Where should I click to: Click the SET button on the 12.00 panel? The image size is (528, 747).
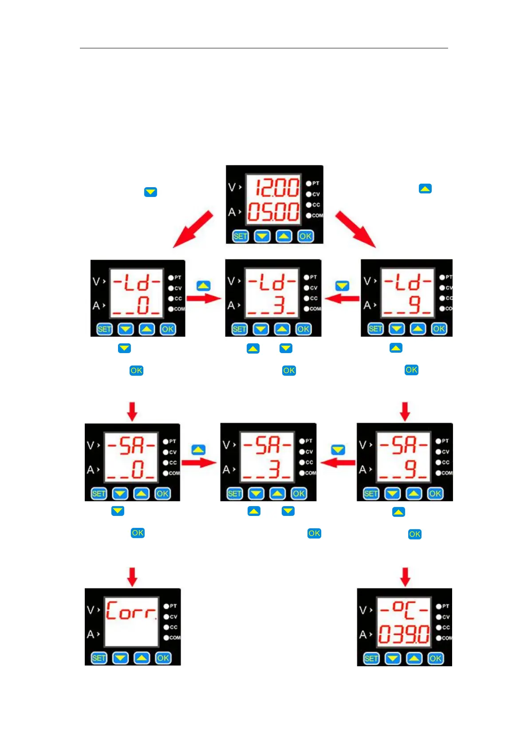point(240,236)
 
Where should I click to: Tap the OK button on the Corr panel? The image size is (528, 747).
point(163,658)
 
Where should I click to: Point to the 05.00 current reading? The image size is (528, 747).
point(273,212)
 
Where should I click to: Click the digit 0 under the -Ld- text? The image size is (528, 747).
point(143,306)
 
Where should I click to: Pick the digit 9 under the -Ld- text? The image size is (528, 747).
point(414,305)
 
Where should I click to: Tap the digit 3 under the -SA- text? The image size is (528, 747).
point(274,469)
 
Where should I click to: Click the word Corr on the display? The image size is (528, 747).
point(131,611)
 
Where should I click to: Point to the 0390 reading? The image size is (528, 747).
point(404,635)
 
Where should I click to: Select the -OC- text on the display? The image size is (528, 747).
point(404,610)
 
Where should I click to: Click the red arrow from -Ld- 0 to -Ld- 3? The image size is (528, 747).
point(204,298)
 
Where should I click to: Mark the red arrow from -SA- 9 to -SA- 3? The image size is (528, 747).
point(338,463)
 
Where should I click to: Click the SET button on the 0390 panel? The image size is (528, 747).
point(371,659)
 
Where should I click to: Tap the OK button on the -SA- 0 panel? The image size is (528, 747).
point(162,494)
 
